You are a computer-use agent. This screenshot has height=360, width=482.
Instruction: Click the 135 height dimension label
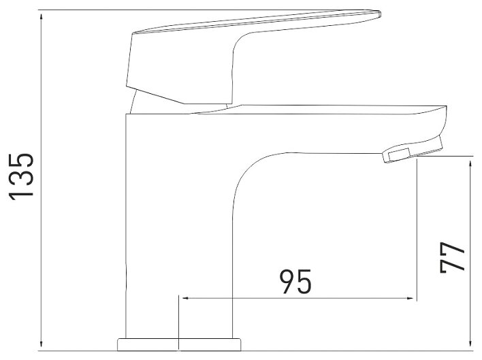[x=21, y=177]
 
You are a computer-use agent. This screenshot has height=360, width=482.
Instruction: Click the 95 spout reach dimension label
[x=295, y=282]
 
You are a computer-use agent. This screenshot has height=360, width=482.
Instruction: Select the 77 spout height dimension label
[x=452, y=257]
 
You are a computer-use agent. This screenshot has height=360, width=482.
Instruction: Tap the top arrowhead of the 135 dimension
[x=42, y=16]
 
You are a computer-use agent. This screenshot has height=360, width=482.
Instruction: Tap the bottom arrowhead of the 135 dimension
[x=42, y=345]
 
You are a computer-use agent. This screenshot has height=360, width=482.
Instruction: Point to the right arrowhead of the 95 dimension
[x=412, y=298]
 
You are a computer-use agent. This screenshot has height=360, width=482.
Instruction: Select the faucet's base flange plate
[x=179, y=344]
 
